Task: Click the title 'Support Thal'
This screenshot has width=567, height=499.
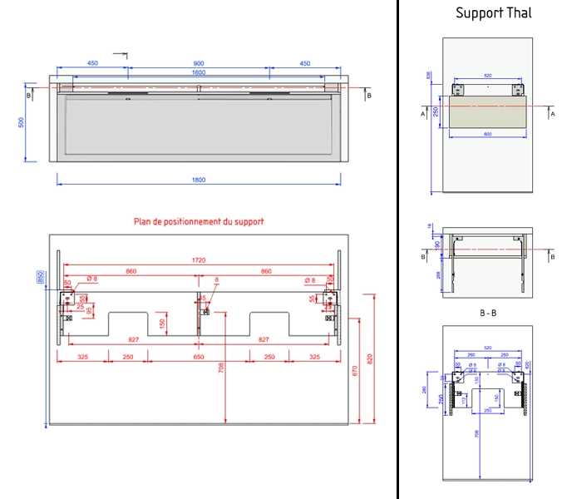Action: click(493, 13)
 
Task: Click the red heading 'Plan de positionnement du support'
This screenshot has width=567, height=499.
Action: click(199, 222)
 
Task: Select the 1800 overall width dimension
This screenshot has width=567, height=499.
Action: click(199, 180)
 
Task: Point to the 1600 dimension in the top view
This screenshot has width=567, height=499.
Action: click(199, 72)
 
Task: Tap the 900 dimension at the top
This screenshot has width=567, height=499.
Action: click(199, 63)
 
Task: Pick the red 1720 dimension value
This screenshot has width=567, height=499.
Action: click(199, 260)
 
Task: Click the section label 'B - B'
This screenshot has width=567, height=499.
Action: click(488, 313)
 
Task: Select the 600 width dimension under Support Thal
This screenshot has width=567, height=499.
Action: click(487, 134)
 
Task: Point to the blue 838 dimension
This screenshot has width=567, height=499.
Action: click(429, 75)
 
